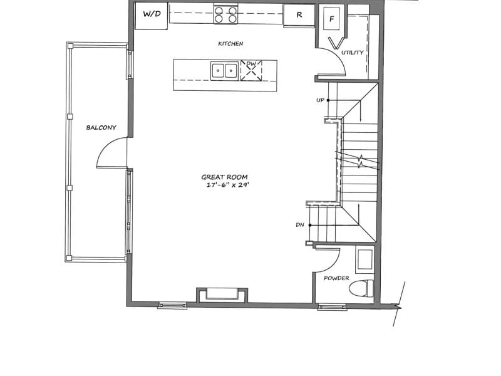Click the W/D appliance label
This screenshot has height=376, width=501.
pyautogui.click(x=152, y=14)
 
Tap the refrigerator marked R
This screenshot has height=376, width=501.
pyautogui.click(x=299, y=14)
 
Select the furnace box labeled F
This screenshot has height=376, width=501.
pyautogui.click(x=332, y=19)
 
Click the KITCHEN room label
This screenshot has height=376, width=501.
pyautogui.click(x=230, y=43)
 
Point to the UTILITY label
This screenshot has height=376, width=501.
pyautogui.click(x=353, y=53)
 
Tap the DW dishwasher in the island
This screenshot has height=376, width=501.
pyautogui.click(x=251, y=70)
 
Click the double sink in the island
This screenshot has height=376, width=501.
pyautogui.click(x=224, y=71)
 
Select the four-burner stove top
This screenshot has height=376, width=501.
pyautogui.click(x=225, y=14)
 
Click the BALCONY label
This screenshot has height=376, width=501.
pyautogui.click(x=101, y=128)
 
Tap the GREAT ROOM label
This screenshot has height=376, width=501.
pyautogui.click(x=224, y=177)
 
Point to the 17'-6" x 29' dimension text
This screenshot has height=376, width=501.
pyautogui.click(x=227, y=185)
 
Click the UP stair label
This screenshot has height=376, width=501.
pyautogui.click(x=320, y=100)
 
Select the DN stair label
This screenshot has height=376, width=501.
pyautogui.click(x=300, y=225)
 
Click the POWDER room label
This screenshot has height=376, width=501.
pyautogui.click(x=336, y=278)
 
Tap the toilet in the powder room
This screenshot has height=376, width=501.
pyautogui.click(x=361, y=288)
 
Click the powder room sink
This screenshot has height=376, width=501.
pyautogui.click(x=365, y=259)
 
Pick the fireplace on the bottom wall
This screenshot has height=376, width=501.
pyautogui.click(x=222, y=295)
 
